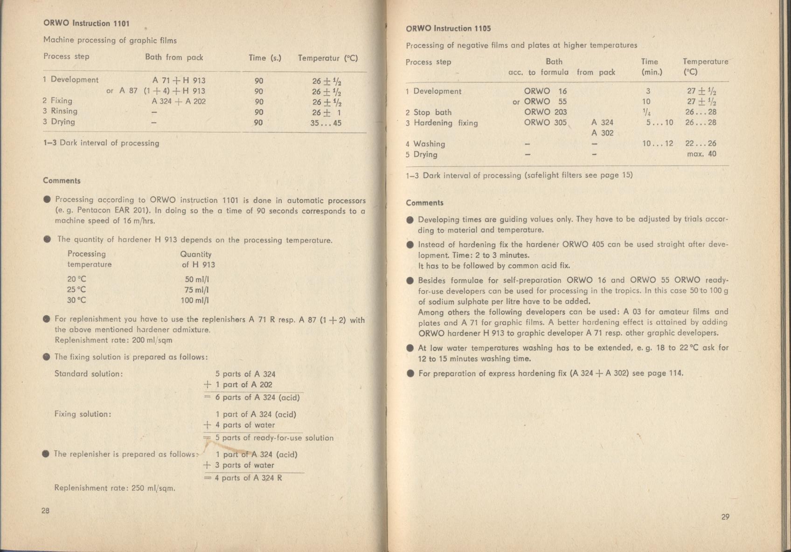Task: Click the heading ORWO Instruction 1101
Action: click(86, 23)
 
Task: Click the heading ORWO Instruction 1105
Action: click(448, 28)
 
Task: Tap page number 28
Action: click(45, 511)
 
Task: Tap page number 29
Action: click(725, 517)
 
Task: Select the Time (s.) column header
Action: click(265, 58)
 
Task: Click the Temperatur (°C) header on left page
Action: click(327, 58)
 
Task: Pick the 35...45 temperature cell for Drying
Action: click(326, 123)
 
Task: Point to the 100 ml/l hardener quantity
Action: click(194, 300)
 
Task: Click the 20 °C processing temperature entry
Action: click(76, 279)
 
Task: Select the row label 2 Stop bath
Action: click(429, 112)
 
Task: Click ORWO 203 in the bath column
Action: click(545, 112)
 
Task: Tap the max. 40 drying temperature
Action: click(701, 154)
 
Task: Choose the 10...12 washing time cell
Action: click(658, 144)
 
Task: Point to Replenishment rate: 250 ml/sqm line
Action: click(115, 488)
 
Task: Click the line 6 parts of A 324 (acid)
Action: click(257, 397)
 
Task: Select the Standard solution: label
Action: click(89, 373)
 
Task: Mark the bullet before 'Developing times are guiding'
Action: click(409, 220)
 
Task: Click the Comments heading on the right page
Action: click(424, 203)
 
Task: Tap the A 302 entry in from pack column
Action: click(602, 133)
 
